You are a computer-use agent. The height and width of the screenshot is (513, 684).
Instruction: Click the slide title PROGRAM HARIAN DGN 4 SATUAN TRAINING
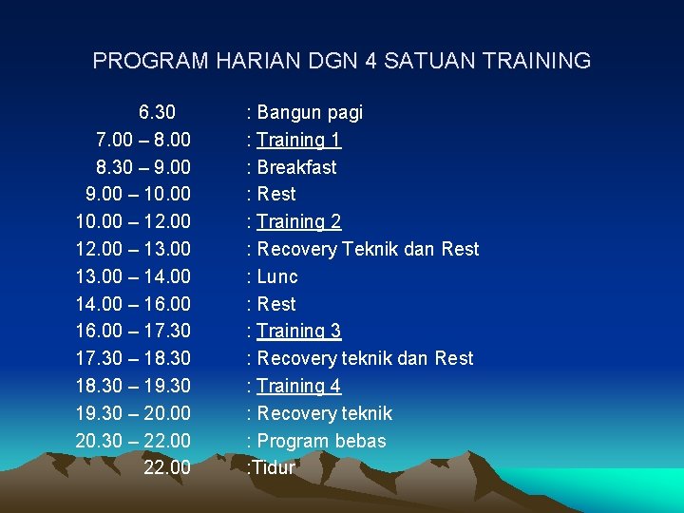342,62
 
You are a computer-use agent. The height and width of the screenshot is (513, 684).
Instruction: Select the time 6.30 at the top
157,113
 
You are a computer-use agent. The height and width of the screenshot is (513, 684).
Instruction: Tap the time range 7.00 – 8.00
142,141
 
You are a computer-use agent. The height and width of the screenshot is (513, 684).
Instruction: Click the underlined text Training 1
298,141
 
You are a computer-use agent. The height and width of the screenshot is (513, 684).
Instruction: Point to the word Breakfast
296,167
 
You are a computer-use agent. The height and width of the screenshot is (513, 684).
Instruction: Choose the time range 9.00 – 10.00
138,195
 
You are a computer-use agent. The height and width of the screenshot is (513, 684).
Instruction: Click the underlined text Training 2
298,222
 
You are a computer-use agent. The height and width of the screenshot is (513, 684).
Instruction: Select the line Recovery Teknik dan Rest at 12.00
368,250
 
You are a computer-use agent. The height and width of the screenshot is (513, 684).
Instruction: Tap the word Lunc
277,277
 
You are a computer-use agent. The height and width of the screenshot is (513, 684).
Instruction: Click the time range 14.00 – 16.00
133,305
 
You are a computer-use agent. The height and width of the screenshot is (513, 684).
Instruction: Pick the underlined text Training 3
298,332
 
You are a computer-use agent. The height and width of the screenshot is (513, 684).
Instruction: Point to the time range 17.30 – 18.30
133,359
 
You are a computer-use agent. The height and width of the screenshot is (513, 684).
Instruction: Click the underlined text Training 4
298,387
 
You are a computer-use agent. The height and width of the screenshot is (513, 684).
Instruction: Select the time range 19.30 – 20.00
133,414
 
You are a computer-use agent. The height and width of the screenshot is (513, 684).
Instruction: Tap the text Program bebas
321,442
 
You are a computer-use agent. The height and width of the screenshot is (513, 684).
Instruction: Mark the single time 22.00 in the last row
167,468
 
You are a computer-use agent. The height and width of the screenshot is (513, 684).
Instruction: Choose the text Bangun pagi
310,113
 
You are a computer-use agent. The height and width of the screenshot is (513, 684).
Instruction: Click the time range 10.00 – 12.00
133,222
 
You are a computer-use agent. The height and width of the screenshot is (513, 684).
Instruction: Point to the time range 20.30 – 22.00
133,442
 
